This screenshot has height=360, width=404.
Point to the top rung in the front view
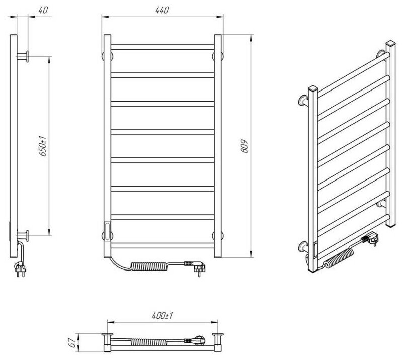pyautogui.click(x=162, y=47)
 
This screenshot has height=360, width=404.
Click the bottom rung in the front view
pyautogui.click(x=162, y=245)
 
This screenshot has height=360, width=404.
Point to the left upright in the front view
pyautogui.click(x=106, y=146)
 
